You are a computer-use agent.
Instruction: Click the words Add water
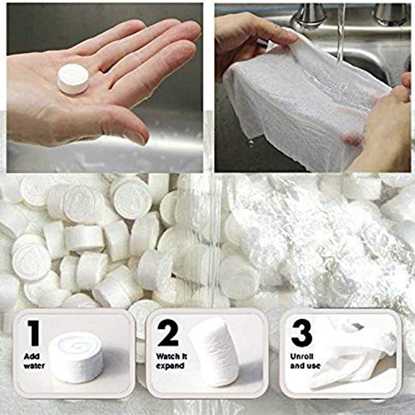(x=34, y=361)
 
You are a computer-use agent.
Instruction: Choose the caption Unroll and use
(x=305, y=361)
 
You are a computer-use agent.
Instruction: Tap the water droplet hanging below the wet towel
(x=251, y=142)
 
